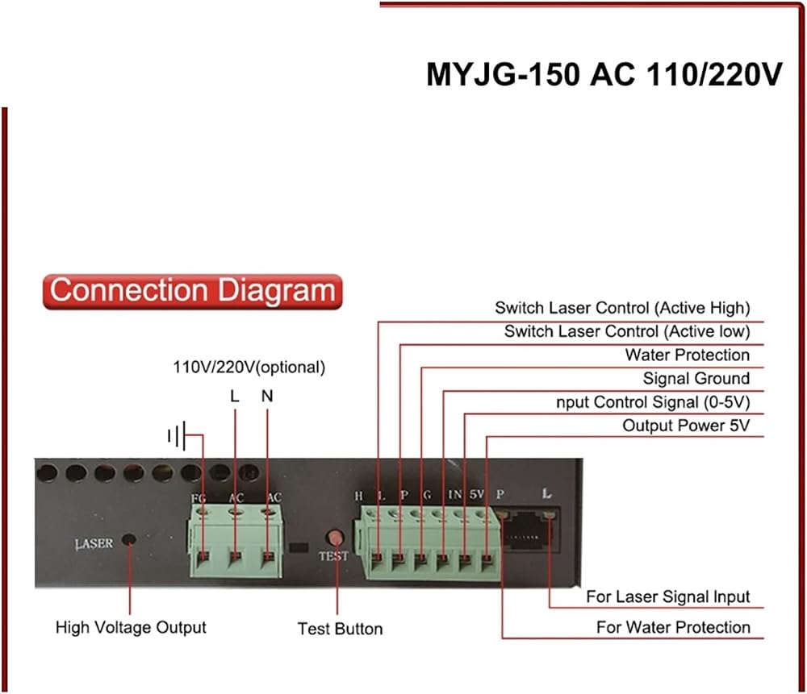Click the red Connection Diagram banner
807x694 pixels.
[193, 292]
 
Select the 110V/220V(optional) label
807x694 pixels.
[249, 368]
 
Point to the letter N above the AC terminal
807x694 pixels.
[267, 396]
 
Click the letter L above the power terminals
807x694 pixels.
[235, 396]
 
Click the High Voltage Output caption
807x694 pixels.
[131, 628]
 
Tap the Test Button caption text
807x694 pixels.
[341, 629]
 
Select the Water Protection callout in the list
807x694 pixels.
[688, 355]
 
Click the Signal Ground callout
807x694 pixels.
[696, 378]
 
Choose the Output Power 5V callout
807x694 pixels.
[686, 426]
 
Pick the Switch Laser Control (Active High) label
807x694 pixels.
[623, 308]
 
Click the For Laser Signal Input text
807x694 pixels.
[668, 596]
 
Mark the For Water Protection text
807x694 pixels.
[673, 627]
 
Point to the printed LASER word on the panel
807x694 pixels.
[94, 544]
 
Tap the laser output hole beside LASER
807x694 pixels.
[128, 540]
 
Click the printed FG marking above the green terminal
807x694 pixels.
[199, 499]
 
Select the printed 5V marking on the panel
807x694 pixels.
[476, 494]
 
